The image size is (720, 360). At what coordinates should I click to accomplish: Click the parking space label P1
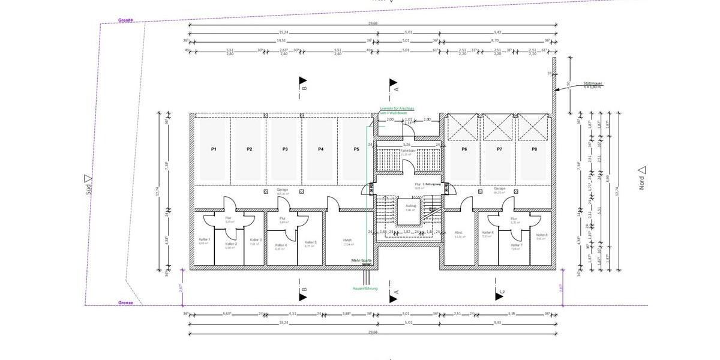point(213,149)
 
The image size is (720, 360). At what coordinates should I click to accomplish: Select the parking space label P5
point(356,149)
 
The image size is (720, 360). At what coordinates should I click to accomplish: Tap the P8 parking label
point(534,149)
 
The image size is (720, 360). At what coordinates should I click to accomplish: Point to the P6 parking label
point(464,149)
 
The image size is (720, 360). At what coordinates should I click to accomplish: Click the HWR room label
point(347,239)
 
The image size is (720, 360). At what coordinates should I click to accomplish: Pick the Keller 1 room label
point(204,239)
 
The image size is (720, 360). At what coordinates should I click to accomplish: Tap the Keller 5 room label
point(310,242)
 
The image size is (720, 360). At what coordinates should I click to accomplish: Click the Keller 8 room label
point(541,235)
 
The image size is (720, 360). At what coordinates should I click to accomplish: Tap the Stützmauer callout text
point(592,84)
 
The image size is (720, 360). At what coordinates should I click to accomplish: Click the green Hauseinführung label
point(365,289)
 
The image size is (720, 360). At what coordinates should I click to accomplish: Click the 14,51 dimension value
point(281,41)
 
